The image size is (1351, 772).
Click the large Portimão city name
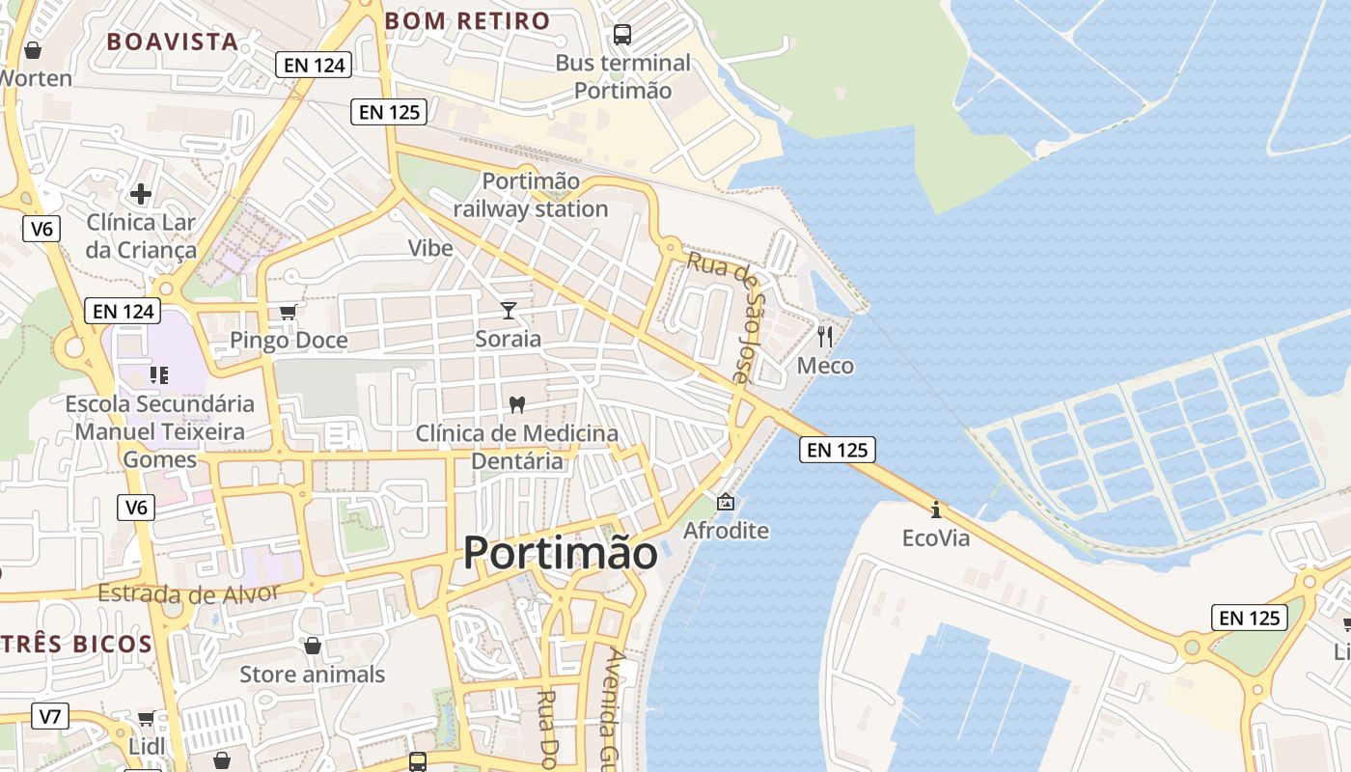click(x=561, y=553)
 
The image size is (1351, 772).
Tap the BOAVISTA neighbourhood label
click(x=172, y=41)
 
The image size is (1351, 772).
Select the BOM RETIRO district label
click(x=467, y=20)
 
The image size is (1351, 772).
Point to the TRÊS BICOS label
click(x=76, y=644)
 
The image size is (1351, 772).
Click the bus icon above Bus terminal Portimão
click(x=622, y=35)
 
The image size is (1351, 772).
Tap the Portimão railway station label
click(x=531, y=195)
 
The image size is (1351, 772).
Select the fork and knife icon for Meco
click(x=825, y=336)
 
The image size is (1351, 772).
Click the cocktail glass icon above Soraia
click(x=509, y=310)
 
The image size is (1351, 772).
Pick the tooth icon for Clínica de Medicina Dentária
click(x=516, y=403)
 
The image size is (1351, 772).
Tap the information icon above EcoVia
click(x=935, y=509)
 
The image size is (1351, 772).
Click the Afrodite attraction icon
click(x=726, y=502)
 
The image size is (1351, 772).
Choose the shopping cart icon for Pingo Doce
click(x=288, y=312)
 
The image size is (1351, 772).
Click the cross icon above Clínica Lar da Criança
click(x=141, y=193)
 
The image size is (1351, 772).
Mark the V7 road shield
click(x=50, y=716)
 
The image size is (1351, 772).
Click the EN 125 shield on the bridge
click(x=837, y=449)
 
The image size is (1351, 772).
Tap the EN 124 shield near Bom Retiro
click(x=314, y=65)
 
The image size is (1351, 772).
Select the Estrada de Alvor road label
click(x=188, y=593)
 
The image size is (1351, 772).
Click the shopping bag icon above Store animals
click(x=312, y=645)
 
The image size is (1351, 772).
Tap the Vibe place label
click(x=430, y=248)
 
